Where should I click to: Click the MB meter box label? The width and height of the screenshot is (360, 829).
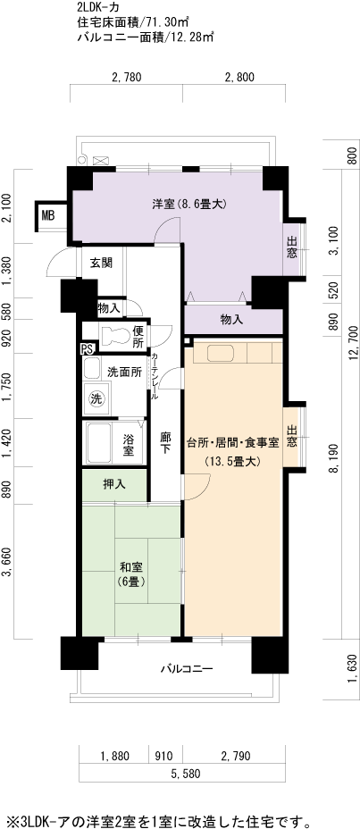(x=48, y=215)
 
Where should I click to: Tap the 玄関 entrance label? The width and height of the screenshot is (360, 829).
(x=99, y=264)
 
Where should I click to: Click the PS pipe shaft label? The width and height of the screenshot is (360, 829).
(x=86, y=349)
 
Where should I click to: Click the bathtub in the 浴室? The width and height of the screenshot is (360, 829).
(x=99, y=443)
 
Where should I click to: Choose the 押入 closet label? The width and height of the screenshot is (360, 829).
(x=114, y=484)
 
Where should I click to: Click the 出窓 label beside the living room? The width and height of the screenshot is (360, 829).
(x=292, y=434)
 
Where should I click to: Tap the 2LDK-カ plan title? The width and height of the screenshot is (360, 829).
(x=97, y=8)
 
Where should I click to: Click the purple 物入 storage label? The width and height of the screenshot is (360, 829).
(x=231, y=319)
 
